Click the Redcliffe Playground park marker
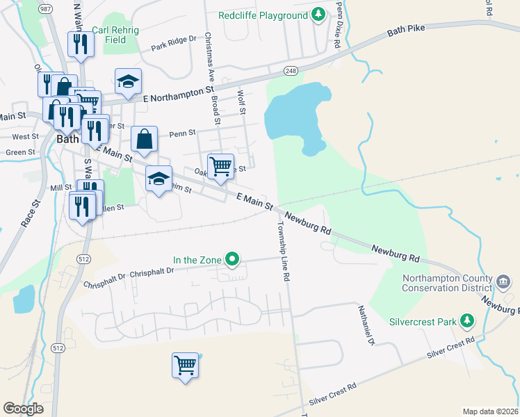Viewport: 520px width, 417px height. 318,15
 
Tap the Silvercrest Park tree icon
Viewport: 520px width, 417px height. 469,322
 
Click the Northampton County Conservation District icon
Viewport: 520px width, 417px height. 503,281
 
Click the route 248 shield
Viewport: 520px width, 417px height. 291,71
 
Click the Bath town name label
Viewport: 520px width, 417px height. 67,139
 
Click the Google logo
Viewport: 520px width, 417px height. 23,409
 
